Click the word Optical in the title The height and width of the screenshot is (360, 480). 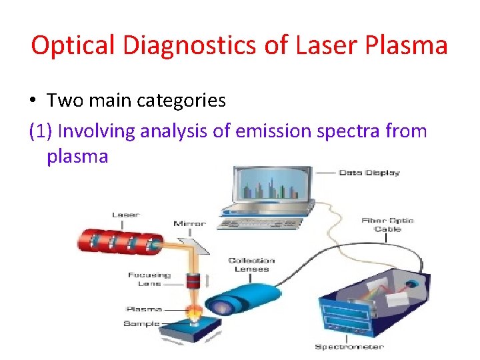(73, 46)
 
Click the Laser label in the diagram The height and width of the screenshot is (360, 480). (125, 215)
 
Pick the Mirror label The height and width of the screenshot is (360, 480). (189, 224)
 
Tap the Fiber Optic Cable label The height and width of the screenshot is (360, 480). (387, 225)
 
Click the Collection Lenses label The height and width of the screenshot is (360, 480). (251, 264)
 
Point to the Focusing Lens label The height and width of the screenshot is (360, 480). (149, 279)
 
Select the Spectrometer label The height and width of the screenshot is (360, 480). (349, 346)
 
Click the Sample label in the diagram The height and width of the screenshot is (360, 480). (141, 323)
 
